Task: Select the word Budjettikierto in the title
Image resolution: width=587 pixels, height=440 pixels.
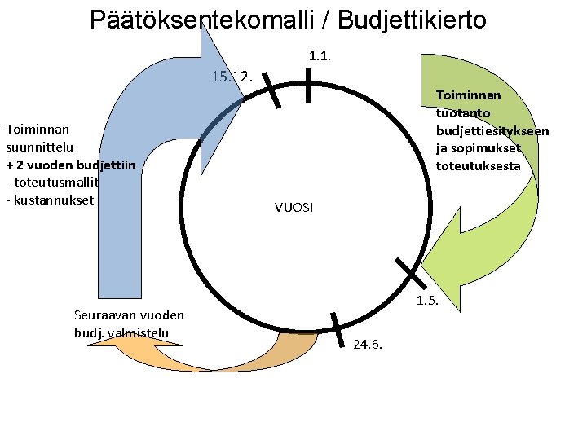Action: click(411, 19)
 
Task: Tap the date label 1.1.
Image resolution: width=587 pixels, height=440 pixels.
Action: click(319, 56)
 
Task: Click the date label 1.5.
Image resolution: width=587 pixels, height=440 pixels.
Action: click(427, 301)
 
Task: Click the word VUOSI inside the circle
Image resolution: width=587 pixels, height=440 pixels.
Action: click(293, 208)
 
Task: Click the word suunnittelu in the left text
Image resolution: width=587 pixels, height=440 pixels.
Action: click(39, 147)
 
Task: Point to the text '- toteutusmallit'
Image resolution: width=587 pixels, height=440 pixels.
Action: click(52, 183)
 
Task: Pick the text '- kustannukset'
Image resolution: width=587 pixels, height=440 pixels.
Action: click(50, 200)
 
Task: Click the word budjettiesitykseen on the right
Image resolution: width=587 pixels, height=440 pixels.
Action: click(492, 130)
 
